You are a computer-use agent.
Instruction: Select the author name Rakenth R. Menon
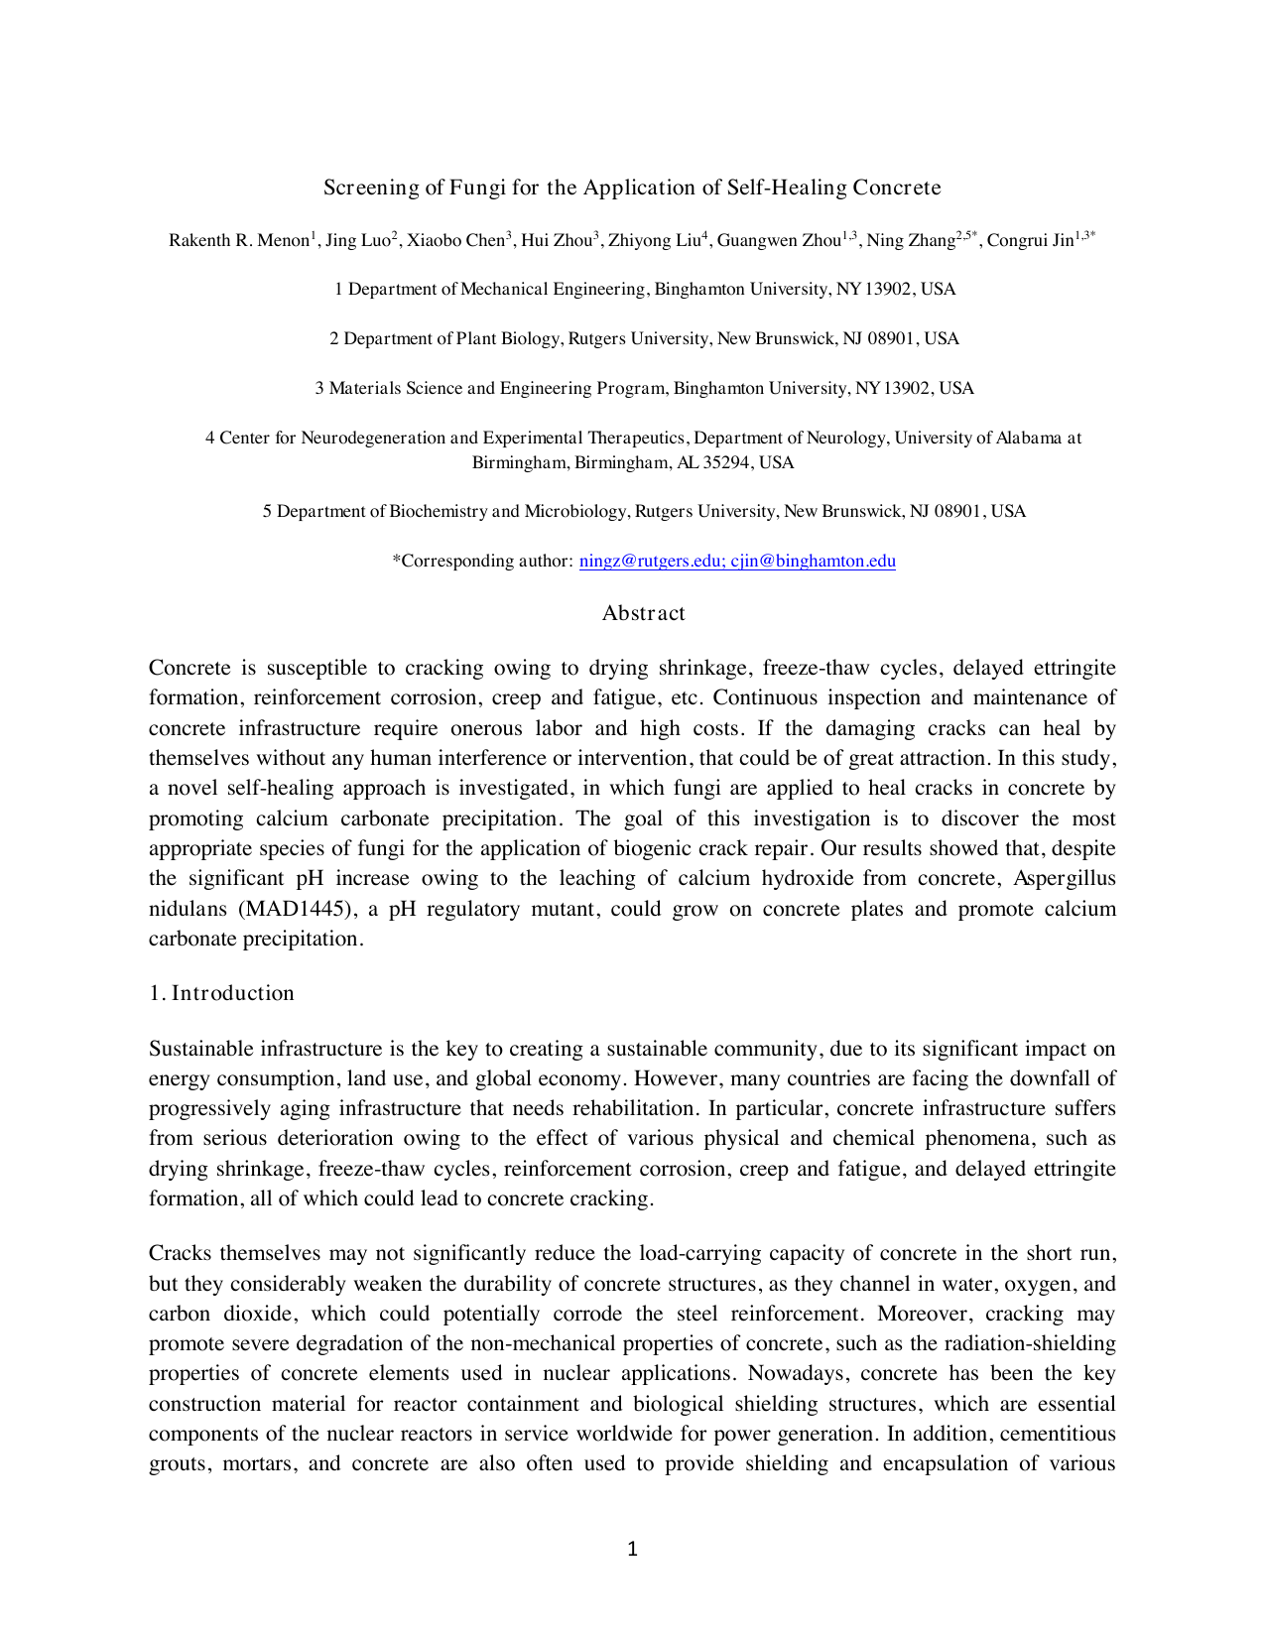click(x=239, y=240)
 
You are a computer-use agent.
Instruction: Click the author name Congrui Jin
click(x=1030, y=240)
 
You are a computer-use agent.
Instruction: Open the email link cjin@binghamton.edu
click(x=813, y=561)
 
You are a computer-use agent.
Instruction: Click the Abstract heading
click(x=643, y=613)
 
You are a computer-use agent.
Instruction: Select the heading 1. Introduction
click(x=221, y=993)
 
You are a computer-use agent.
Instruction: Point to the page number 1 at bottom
click(x=632, y=1549)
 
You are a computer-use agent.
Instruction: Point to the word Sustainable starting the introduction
click(x=202, y=1049)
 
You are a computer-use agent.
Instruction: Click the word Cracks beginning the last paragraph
click(x=181, y=1253)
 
